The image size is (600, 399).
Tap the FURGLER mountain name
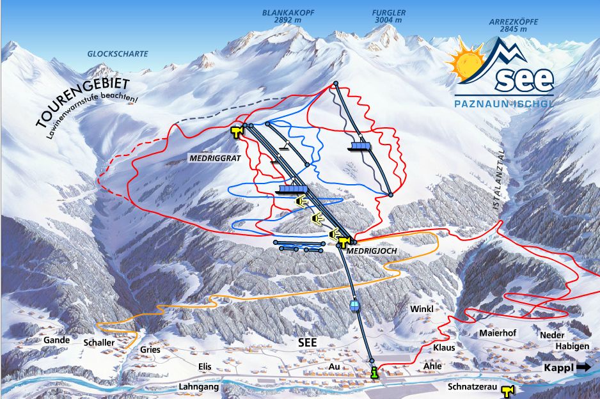point(389,13)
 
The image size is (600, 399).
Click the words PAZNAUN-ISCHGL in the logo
point(503,103)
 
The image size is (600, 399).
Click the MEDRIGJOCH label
point(367,253)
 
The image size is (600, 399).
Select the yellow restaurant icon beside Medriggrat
point(237,132)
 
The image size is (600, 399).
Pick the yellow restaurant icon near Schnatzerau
point(507,391)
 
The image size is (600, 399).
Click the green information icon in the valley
point(374,373)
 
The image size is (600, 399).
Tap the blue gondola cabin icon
point(354,305)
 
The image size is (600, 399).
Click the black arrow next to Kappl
point(583,368)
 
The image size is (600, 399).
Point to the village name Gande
point(56,340)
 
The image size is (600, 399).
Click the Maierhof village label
point(497,333)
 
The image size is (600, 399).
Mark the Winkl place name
point(422,309)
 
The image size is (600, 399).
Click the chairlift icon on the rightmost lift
point(361,146)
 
